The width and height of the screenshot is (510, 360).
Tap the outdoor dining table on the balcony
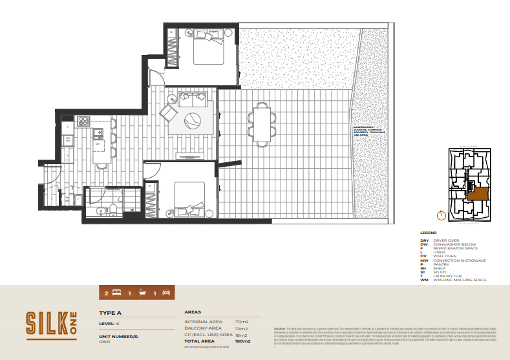(262, 122)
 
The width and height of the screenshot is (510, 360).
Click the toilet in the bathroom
(112, 209)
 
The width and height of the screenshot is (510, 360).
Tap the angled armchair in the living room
(169, 114)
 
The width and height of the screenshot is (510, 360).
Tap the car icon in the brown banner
(166, 293)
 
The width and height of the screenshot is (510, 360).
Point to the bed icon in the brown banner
(116, 293)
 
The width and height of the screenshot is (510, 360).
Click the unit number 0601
(105, 342)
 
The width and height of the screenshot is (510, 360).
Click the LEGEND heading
(428, 232)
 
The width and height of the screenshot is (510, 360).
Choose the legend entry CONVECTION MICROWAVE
(460, 260)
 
